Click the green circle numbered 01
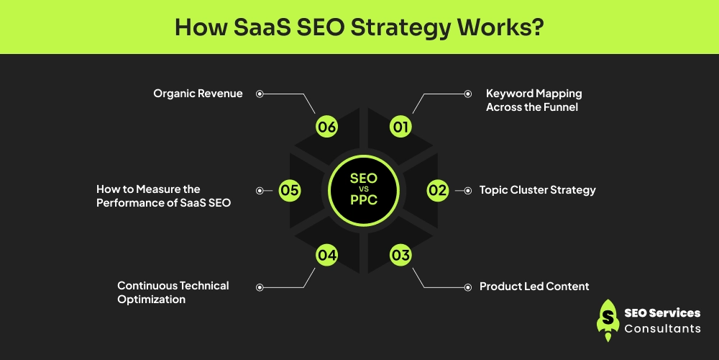(x=400, y=127)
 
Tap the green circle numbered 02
(x=438, y=190)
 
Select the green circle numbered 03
(x=400, y=254)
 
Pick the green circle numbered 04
(x=327, y=254)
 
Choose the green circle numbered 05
(x=290, y=191)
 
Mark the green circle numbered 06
(x=327, y=127)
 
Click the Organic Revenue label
(x=198, y=94)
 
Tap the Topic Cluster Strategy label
(x=538, y=190)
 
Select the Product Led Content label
(x=534, y=287)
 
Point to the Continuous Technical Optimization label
(x=173, y=292)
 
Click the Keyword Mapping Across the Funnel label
(x=533, y=100)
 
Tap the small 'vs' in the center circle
(x=364, y=189)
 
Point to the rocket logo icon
(x=608, y=320)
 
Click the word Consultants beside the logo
(x=662, y=328)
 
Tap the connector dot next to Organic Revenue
(x=260, y=94)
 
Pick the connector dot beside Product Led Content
(x=467, y=287)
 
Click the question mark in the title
(x=539, y=27)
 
